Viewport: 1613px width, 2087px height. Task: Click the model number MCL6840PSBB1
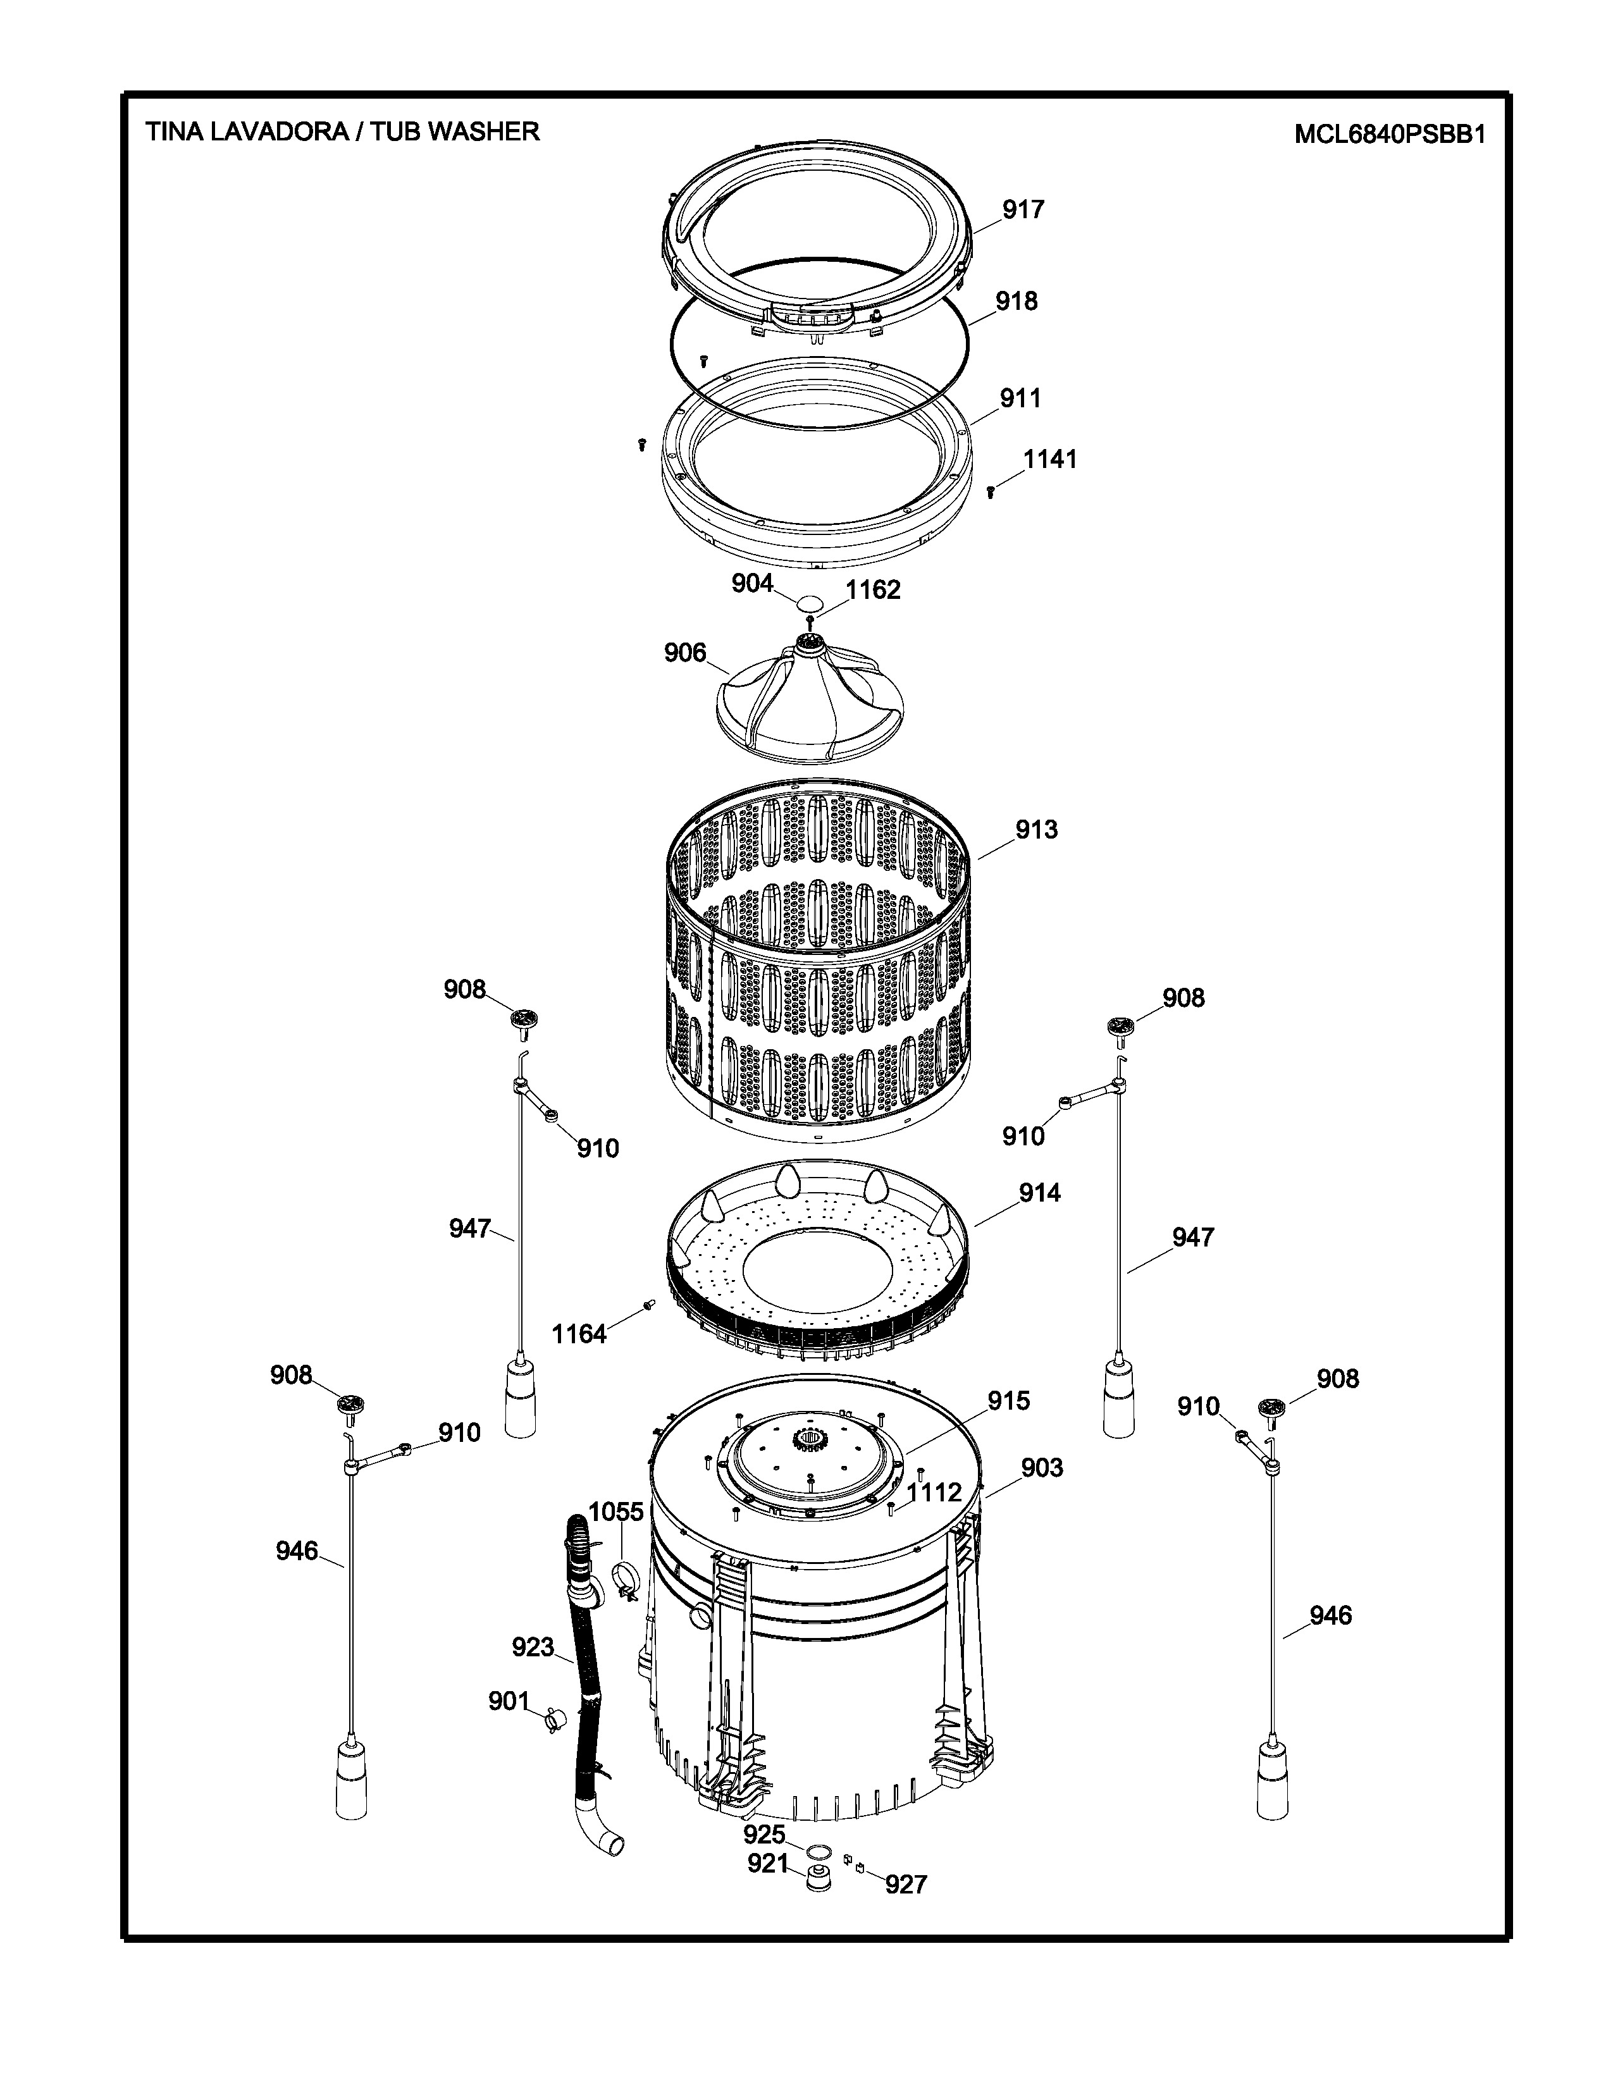[x=1390, y=135]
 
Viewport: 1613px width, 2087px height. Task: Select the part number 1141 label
[x=1050, y=460]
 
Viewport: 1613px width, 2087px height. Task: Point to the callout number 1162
[x=872, y=589]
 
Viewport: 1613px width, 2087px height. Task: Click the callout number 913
[x=1037, y=830]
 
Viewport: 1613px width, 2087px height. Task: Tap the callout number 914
[x=1039, y=1193]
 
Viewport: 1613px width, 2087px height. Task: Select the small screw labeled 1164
[x=650, y=1305]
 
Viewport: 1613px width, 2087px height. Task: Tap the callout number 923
[x=532, y=1647]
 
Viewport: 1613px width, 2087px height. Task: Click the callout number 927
[x=906, y=1885]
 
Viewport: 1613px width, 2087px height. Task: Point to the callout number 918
[x=1017, y=301]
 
